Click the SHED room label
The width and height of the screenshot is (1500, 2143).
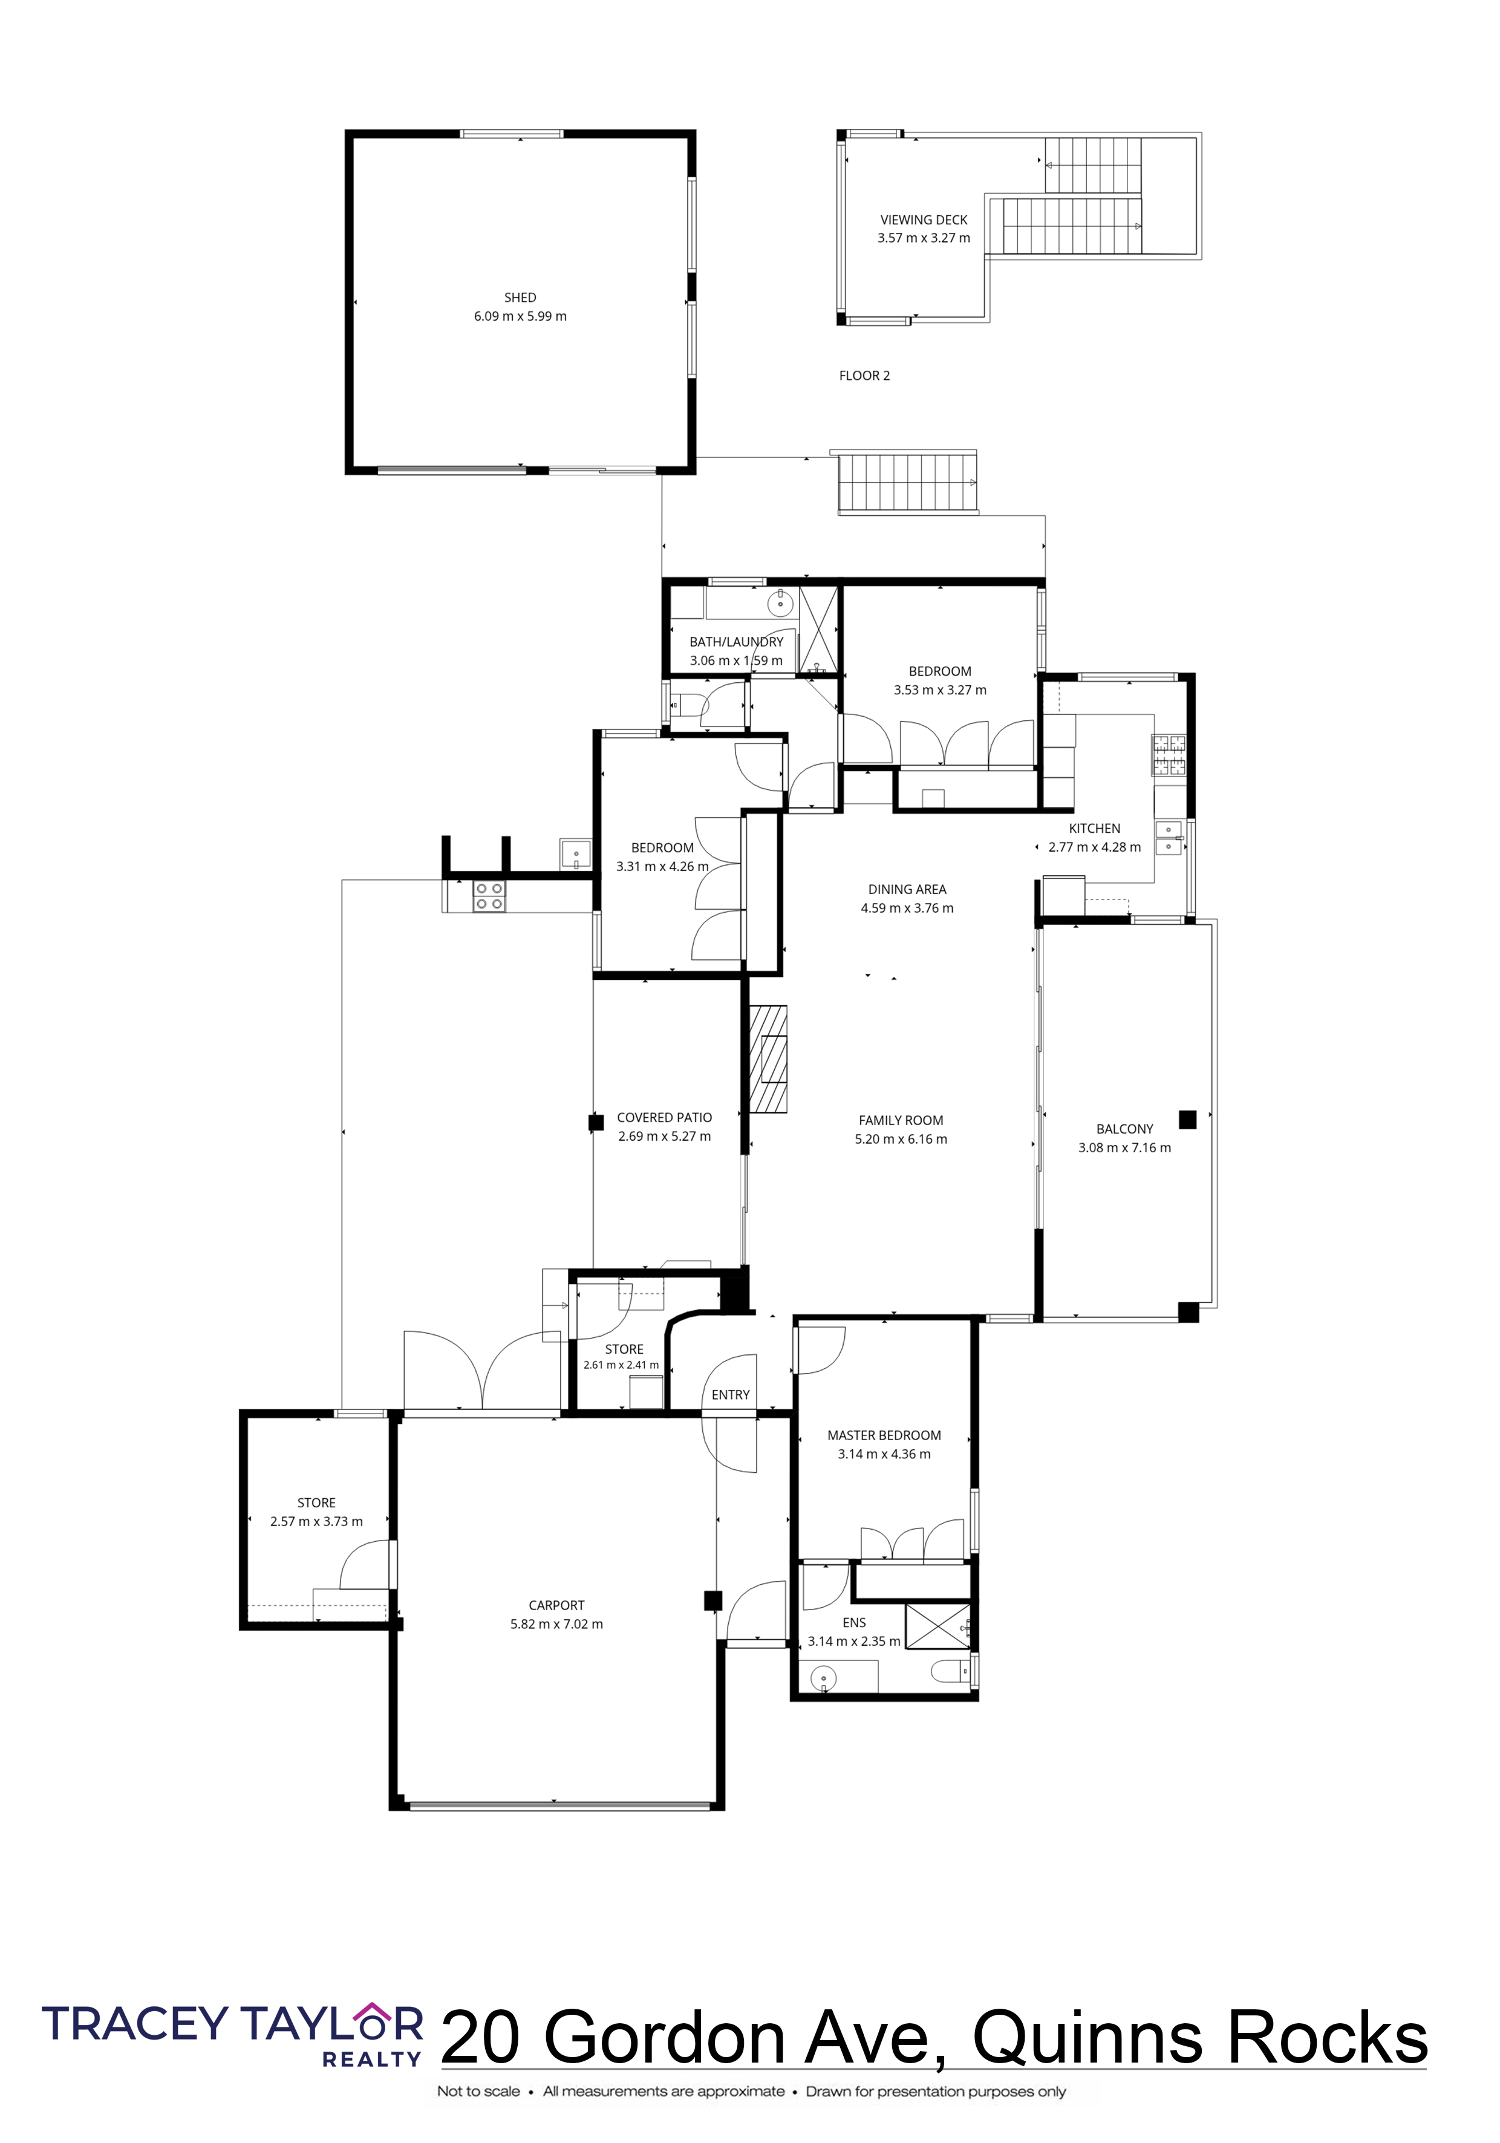(x=520, y=298)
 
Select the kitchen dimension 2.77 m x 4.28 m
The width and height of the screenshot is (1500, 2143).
(x=1094, y=847)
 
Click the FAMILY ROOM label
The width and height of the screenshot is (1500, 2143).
(x=901, y=1120)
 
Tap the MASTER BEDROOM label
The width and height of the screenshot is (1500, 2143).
(x=884, y=1435)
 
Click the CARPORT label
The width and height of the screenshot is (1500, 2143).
(x=556, y=1605)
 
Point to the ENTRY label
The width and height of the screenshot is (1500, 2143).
(x=730, y=1394)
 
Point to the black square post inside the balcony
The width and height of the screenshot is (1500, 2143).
(x=1187, y=1119)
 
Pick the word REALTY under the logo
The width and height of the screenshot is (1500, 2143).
(x=371, y=2059)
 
